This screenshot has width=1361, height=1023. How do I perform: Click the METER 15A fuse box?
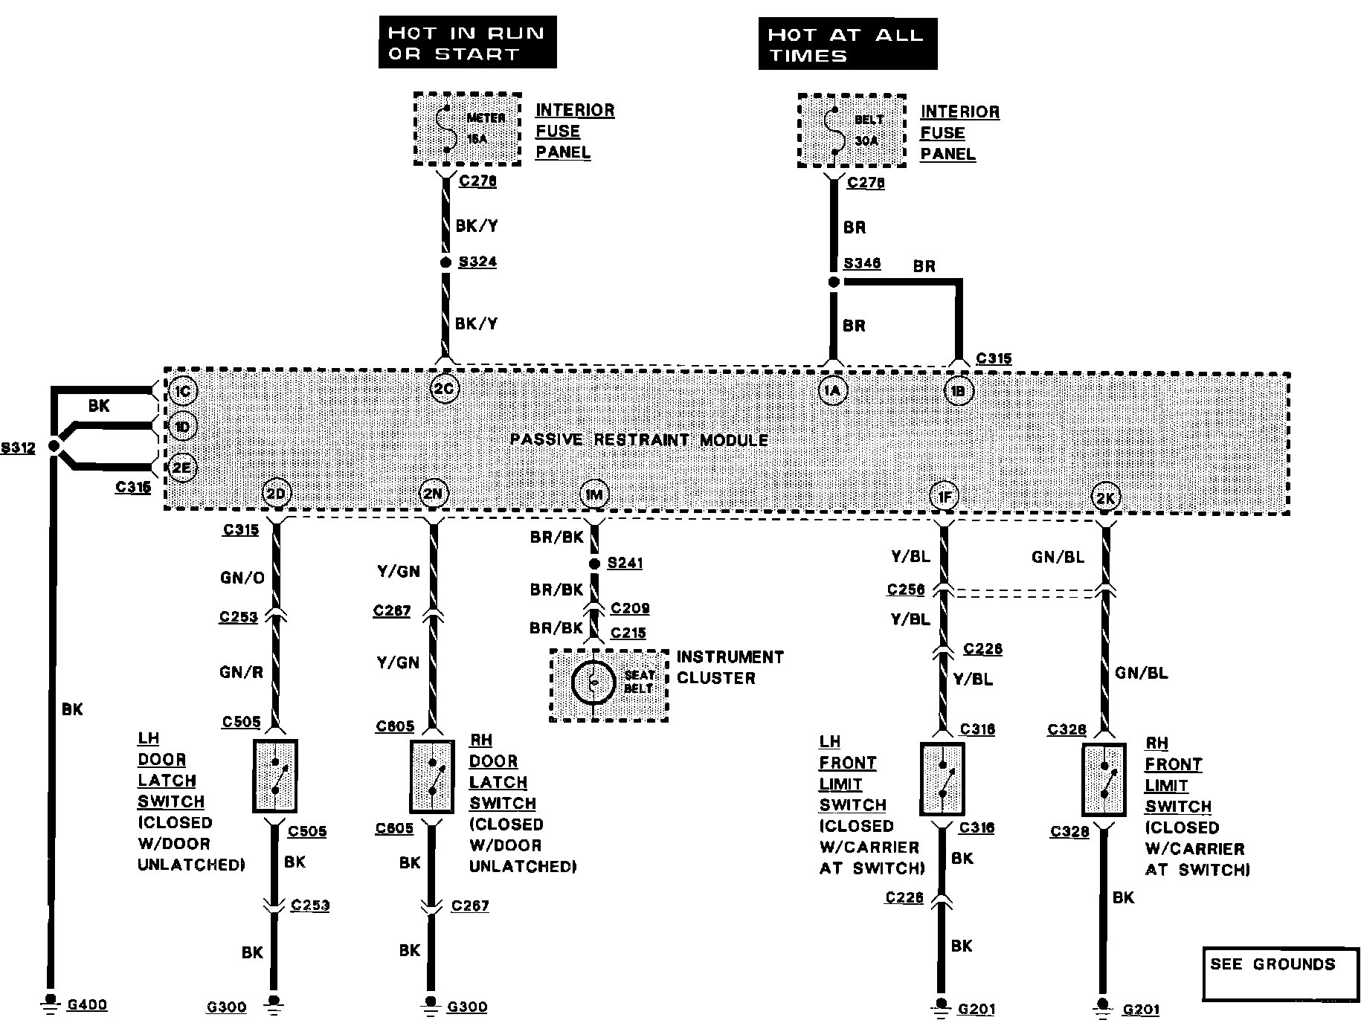coord(467,129)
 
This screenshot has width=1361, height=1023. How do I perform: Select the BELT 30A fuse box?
coord(852,131)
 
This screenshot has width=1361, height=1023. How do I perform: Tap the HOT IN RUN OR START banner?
coord(467,43)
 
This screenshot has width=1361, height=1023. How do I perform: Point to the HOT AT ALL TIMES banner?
coord(847,45)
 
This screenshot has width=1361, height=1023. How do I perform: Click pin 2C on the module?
coord(445,389)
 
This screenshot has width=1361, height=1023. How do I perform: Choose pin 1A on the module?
coord(833,391)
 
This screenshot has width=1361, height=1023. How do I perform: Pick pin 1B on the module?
coord(958,391)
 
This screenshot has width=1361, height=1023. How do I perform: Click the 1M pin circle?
coord(593,494)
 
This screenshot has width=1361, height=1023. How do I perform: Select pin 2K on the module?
coord(1105,498)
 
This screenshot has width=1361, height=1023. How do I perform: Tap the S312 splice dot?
coord(54,446)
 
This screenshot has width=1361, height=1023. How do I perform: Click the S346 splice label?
coord(862,263)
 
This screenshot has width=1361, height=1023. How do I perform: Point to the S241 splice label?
coord(625,563)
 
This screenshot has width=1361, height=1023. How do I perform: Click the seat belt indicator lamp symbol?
coord(593,682)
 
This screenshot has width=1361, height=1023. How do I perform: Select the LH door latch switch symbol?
coord(275,776)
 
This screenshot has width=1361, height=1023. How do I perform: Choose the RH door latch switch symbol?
coord(432,777)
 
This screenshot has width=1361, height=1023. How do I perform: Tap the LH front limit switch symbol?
coord(942,779)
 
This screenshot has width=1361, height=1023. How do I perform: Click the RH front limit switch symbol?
coord(1104,781)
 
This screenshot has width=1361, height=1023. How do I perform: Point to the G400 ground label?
coord(87,1005)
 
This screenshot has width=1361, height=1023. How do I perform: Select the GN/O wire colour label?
coord(242,578)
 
